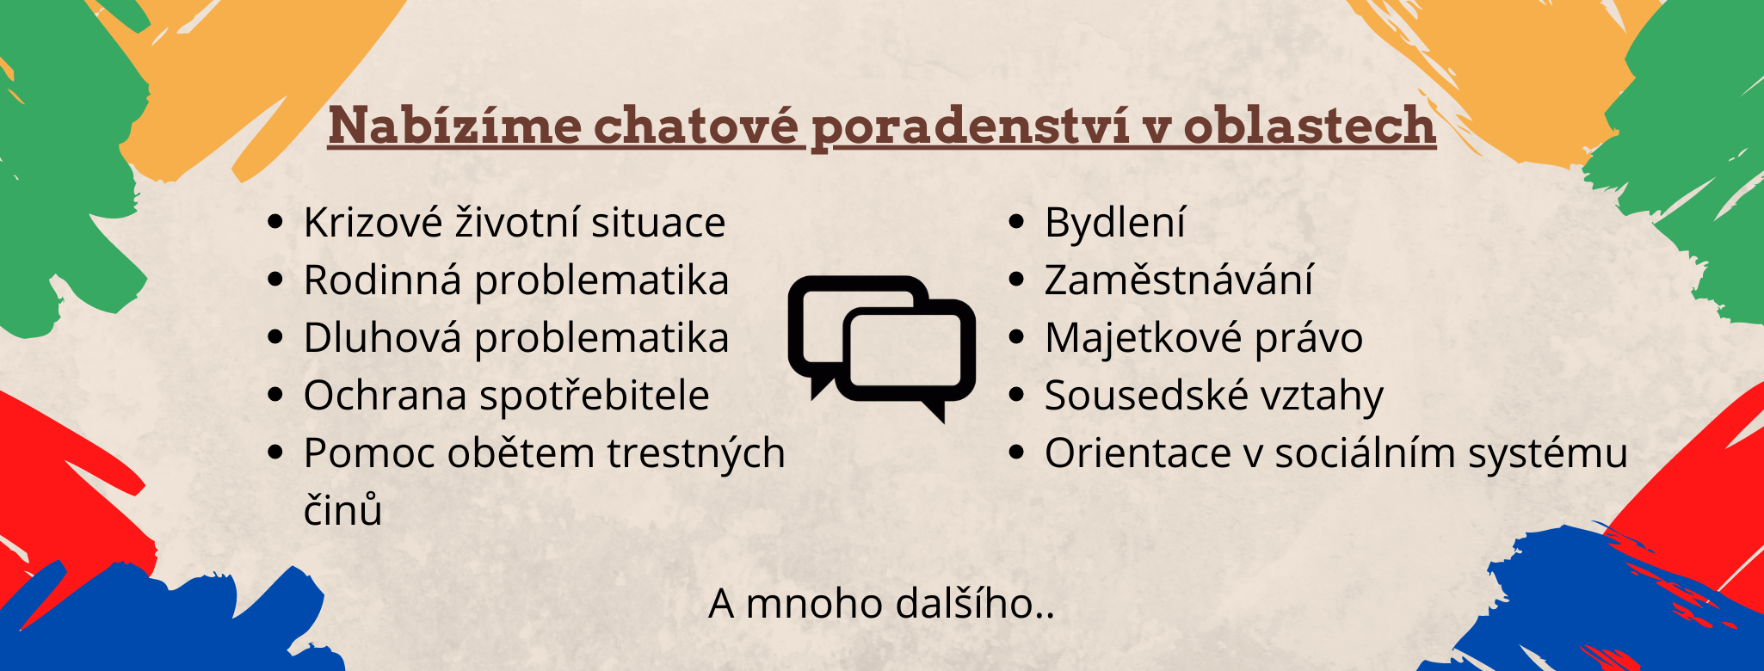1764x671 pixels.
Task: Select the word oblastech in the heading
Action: [1309, 126]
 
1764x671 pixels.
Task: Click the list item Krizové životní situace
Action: [515, 223]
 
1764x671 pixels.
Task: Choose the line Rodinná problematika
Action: [516, 281]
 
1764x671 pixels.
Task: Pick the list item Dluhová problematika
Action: [516, 338]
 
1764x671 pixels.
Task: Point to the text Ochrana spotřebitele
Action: [507, 396]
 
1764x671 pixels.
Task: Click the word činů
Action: [342, 510]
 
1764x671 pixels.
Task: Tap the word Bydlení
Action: [1115, 224]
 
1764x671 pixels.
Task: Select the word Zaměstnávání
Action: [1179, 280]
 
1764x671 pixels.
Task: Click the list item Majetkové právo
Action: [1204, 339]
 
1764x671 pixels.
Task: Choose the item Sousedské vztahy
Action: [1214, 397]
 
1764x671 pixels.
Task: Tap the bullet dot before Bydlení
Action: [1016, 222]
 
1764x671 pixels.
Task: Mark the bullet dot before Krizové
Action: [275, 222]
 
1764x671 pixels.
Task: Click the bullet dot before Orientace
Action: [1016, 452]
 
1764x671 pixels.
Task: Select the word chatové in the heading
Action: [696, 126]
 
